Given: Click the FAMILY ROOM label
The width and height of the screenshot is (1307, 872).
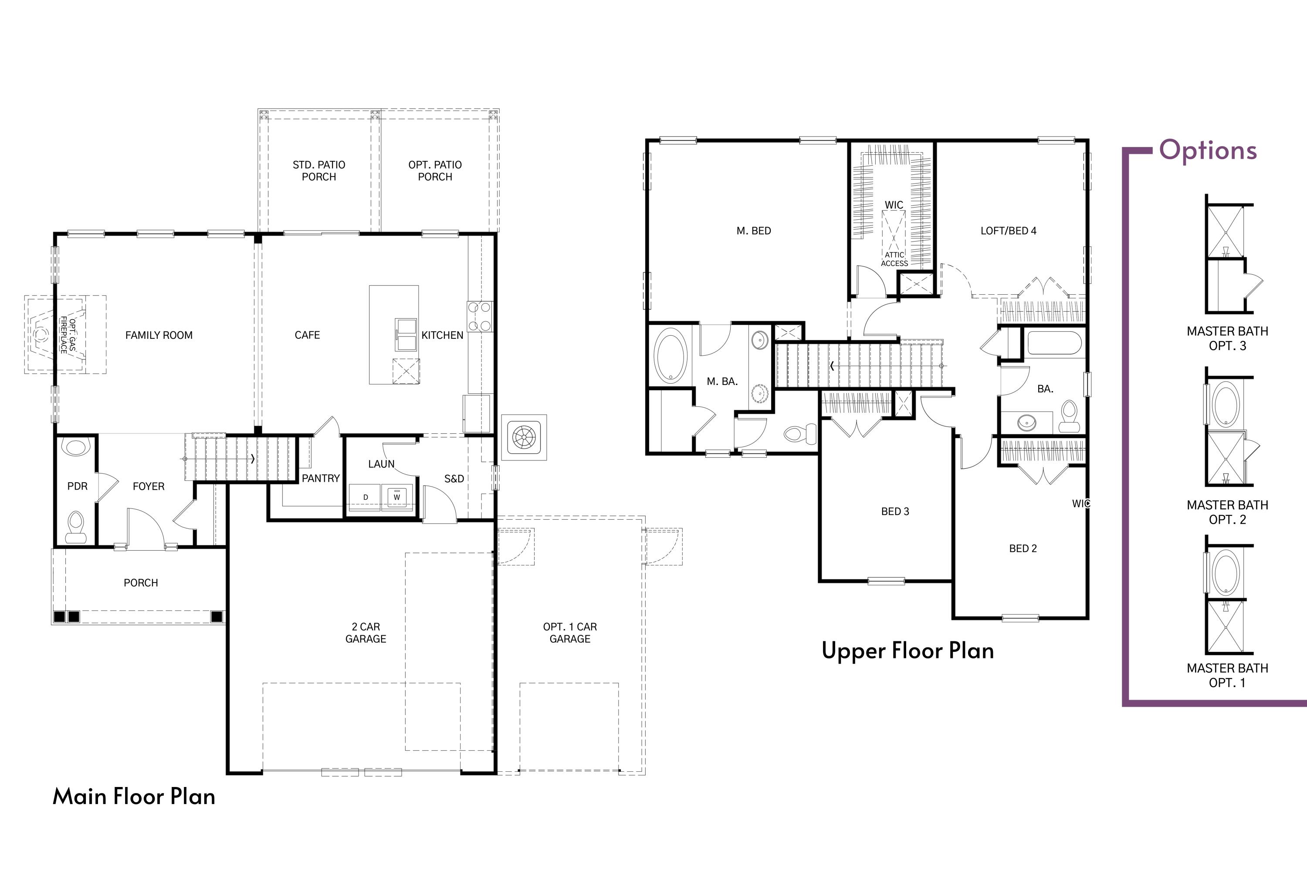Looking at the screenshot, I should click(x=159, y=335).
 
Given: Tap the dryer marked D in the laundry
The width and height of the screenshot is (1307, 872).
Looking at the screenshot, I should click(x=365, y=497).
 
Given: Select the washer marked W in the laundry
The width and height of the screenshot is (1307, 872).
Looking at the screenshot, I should click(x=397, y=497).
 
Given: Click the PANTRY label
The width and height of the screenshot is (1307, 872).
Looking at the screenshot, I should click(x=320, y=478).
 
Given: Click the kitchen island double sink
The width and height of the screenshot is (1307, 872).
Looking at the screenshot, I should click(x=405, y=334).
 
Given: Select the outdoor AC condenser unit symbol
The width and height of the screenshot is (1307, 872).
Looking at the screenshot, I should click(x=524, y=437).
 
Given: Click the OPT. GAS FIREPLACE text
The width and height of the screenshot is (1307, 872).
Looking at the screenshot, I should click(x=68, y=335).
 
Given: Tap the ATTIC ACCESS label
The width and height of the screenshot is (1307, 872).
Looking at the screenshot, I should click(x=894, y=259).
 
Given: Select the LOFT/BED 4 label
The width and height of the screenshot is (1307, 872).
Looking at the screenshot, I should click(x=1008, y=231).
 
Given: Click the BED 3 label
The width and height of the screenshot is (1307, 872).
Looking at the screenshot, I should click(x=895, y=511).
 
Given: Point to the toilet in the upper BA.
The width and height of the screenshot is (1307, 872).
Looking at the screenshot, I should click(x=1069, y=416).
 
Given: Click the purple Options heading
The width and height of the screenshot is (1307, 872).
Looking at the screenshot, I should click(x=1208, y=150).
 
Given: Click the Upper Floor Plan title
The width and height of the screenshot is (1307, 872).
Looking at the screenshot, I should click(x=907, y=651).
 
